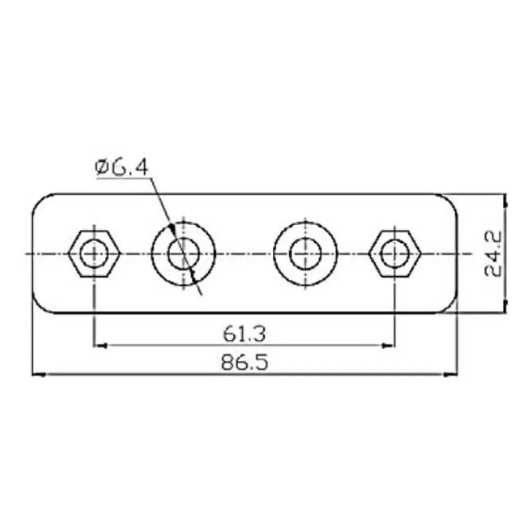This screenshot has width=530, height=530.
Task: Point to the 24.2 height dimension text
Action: [493, 254]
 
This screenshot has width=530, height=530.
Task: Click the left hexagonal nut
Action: [94, 253]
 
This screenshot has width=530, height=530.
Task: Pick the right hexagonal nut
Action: [395, 253]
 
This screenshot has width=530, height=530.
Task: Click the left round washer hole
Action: [183, 253]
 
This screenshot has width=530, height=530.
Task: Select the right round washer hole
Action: [305, 253]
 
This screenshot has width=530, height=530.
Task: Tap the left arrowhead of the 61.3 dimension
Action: [100, 346]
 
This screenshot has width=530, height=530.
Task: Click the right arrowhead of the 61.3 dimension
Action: [390, 346]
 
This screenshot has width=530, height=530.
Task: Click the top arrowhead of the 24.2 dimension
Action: [505, 200]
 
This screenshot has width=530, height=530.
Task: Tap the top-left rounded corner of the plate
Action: [39, 201]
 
